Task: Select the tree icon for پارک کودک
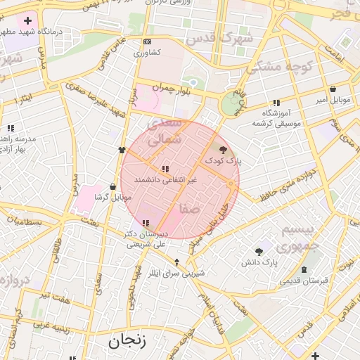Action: pyautogui.click(x=224, y=149)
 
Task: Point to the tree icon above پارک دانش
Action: pyautogui.click(x=259, y=251)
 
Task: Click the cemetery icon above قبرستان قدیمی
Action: pyautogui.click(x=304, y=270)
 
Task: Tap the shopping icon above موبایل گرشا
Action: pyautogui.click(x=113, y=187)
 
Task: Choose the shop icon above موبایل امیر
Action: pyautogui.click(x=333, y=89)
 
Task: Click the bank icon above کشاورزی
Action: pyautogui.click(x=146, y=42)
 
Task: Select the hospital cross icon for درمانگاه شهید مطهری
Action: pyautogui.click(x=27, y=20)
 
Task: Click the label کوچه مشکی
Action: pyautogui.click(x=274, y=67)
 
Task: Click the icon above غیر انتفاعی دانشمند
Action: pyautogui.click(x=165, y=169)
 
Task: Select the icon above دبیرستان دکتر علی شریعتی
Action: pyautogui.click(x=146, y=223)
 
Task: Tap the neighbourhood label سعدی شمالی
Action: pyautogui.click(x=162, y=131)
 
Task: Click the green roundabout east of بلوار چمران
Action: pyautogui.click(x=230, y=105)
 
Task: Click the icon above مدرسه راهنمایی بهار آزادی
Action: pyautogui.click(x=11, y=128)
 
